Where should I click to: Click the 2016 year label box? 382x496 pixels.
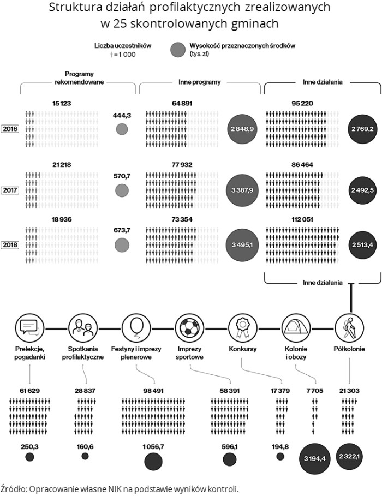tap(10, 129)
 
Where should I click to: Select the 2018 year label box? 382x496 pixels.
tap(10, 245)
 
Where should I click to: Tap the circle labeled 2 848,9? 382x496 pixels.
tap(242, 129)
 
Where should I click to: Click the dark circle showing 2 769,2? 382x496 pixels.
tap(362, 129)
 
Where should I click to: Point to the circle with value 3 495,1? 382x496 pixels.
tap(242, 245)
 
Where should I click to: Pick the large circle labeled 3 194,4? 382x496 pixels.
tap(314, 458)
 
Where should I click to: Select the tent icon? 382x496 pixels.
tap(296, 328)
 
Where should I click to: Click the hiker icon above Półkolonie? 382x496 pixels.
tap(349, 328)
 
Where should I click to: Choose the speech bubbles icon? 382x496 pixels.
tap(29, 328)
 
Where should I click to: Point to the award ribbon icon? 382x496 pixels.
tap(243, 328)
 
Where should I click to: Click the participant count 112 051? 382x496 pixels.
tap(302, 219)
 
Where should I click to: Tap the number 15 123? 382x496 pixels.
tap(62, 104)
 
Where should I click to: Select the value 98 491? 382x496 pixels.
tap(153, 391)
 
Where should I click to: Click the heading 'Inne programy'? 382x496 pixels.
tap(199, 82)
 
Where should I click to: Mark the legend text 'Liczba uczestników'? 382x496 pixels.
tap(123, 46)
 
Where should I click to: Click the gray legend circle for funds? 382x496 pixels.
tap(178, 50)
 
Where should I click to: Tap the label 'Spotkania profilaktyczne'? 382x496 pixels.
tap(83, 353)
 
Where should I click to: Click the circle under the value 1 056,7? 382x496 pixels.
tap(153, 461)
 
